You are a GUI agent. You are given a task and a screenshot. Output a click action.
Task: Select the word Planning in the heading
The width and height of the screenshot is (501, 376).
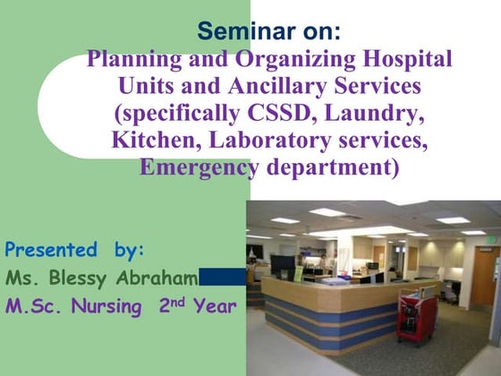pos(125,61)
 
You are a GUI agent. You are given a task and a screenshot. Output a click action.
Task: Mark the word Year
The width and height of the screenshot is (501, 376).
pos(217,307)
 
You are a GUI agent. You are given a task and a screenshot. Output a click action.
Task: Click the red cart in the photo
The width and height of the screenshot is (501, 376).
pos(416,317)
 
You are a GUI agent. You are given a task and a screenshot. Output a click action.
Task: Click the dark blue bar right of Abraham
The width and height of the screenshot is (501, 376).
pos(222,278)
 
